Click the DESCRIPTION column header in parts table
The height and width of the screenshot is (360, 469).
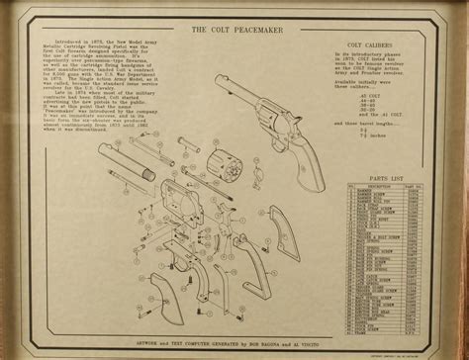381,186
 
